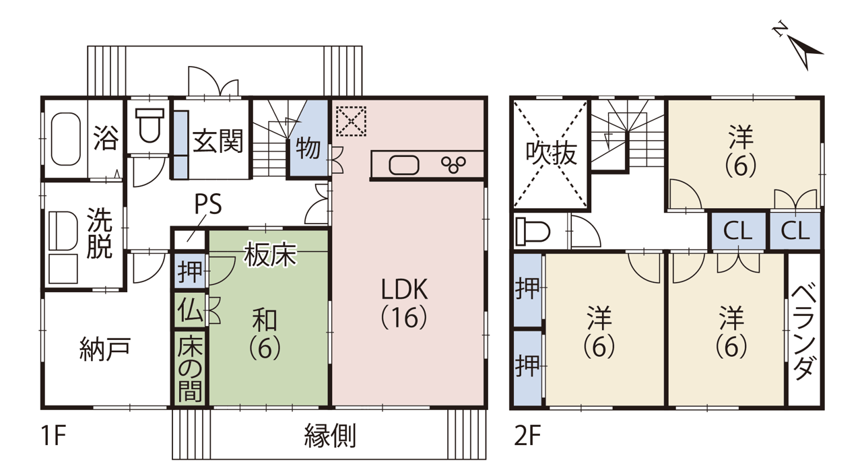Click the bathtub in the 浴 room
66,139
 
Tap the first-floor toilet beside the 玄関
150,125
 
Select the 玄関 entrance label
218,141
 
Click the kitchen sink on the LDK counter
403,165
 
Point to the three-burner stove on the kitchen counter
454,164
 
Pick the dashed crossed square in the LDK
351,121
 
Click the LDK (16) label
404,303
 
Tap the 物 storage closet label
308,148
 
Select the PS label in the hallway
208,203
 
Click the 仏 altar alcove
190,310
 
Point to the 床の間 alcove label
190,368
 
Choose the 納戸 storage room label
105,349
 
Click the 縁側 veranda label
330,436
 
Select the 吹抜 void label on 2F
551,154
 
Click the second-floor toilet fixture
533,231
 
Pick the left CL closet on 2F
737,231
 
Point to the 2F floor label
527,436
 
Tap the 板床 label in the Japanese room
270,255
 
